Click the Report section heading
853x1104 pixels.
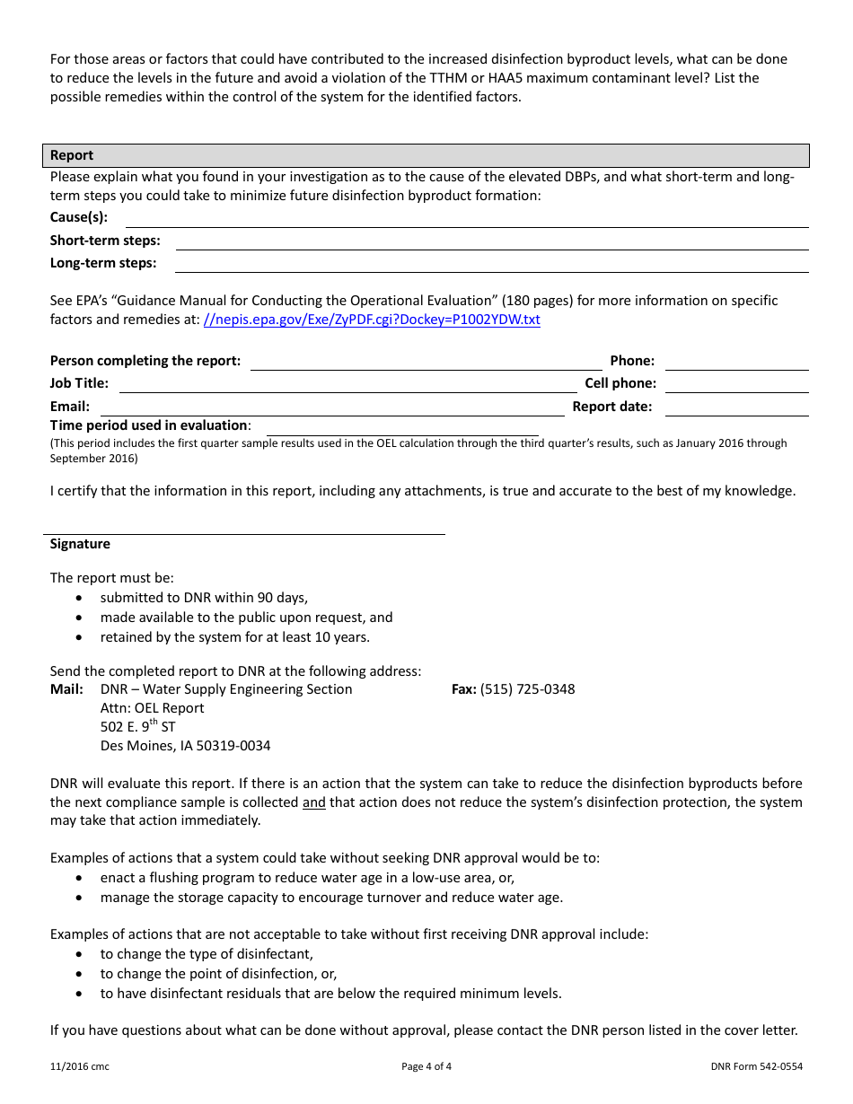(72, 155)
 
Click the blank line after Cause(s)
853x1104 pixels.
(466, 219)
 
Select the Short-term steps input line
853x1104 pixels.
(491, 241)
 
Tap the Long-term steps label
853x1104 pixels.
(103, 263)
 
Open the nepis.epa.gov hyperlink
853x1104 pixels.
(372, 320)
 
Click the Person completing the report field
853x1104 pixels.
(426, 362)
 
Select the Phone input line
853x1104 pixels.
(736, 362)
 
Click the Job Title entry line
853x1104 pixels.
(347, 384)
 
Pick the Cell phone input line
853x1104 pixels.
(736, 384)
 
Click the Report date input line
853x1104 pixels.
(736, 407)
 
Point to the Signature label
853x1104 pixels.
(80, 544)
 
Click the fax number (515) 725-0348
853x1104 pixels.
(527, 689)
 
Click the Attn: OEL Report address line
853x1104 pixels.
(152, 708)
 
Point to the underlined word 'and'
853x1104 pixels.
(313, 802)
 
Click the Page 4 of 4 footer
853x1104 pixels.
(426, 1067)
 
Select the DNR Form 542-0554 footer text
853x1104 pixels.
(756, 1067)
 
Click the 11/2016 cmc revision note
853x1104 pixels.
(80, 1067)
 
